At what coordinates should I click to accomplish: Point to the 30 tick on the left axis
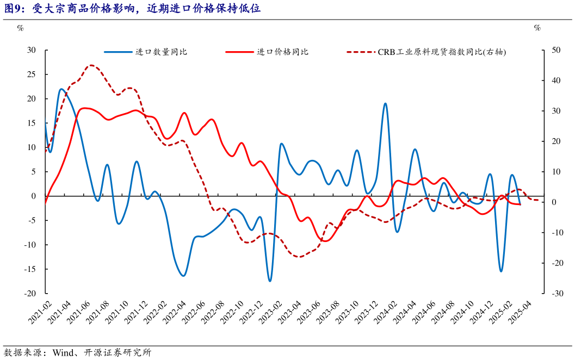click(x=32, y=50)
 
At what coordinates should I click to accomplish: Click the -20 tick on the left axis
click(x=30, y=293)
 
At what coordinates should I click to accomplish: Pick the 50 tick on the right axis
click(x=556, y=50)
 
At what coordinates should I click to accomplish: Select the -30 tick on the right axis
click(x=556, y=293)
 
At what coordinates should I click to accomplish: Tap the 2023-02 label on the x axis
click(x=268, y=313)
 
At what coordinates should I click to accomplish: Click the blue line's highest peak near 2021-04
click(x=61, y=89)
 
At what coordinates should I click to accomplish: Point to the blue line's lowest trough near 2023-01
click(x=270, y=281)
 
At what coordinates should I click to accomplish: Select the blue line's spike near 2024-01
click(x=385, y=103)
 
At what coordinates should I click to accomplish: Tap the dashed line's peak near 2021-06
click(x=91, y=65)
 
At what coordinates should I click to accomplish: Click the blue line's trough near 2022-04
click(x=183, y=276)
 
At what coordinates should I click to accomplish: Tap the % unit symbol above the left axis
click(x=20, y=28)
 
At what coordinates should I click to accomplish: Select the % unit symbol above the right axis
click(x=537, y=28)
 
